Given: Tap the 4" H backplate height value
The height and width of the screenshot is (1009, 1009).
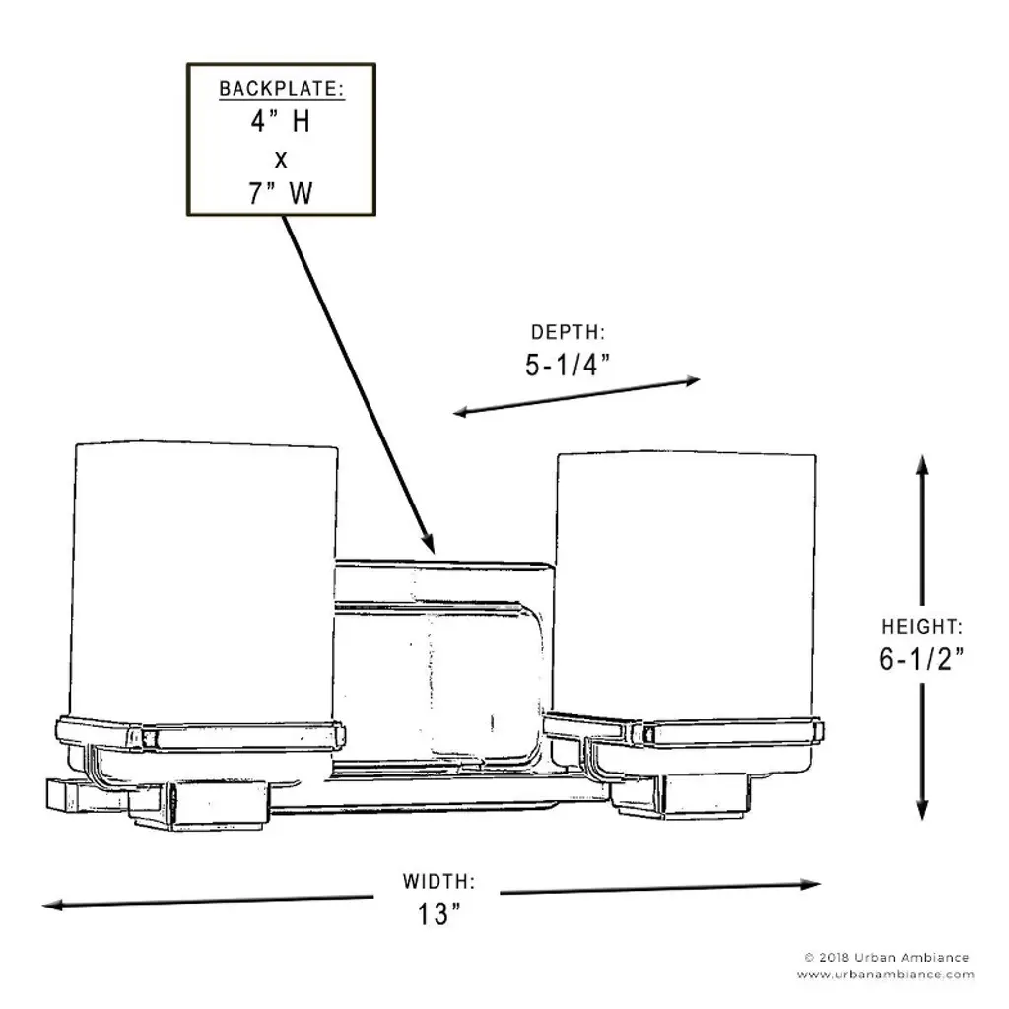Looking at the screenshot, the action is (281, 121).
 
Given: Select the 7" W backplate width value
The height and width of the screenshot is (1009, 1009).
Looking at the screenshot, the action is (281, 193).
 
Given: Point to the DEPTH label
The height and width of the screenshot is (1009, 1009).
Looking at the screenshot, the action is (568, 332).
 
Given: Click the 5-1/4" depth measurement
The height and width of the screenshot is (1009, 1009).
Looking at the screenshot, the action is (568, 365).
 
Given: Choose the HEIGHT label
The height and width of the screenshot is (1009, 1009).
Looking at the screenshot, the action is (921, 626).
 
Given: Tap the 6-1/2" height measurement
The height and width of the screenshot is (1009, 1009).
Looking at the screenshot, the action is (921, 659).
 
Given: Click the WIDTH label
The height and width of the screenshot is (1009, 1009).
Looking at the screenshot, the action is (438, 881).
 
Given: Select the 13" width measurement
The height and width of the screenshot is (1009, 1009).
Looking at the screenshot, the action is (438, 913).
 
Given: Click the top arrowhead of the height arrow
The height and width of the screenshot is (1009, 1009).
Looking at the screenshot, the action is (922, 465).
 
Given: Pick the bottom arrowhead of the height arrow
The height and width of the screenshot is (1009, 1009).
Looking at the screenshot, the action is (922, 810).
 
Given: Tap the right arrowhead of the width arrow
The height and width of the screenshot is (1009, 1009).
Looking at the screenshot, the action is (811, 884).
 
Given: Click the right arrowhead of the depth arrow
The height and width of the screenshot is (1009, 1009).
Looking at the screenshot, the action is (691, 381).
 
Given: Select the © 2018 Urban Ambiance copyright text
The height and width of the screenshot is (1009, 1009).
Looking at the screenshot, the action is (887, 958).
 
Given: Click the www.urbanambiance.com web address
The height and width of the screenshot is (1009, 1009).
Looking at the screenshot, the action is (886, 975).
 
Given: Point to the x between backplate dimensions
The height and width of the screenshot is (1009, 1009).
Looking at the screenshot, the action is (281, 160).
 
